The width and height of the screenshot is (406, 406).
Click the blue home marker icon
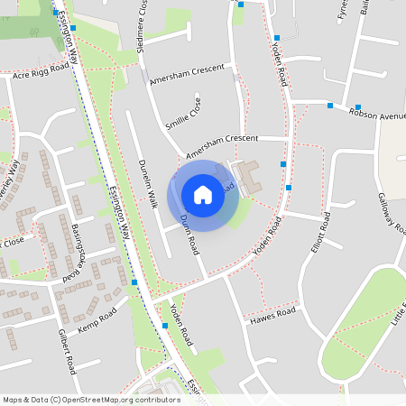203,194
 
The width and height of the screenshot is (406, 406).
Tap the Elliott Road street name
315,236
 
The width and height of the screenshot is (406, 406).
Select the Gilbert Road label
66,353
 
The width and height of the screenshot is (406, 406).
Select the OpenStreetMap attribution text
91,399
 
